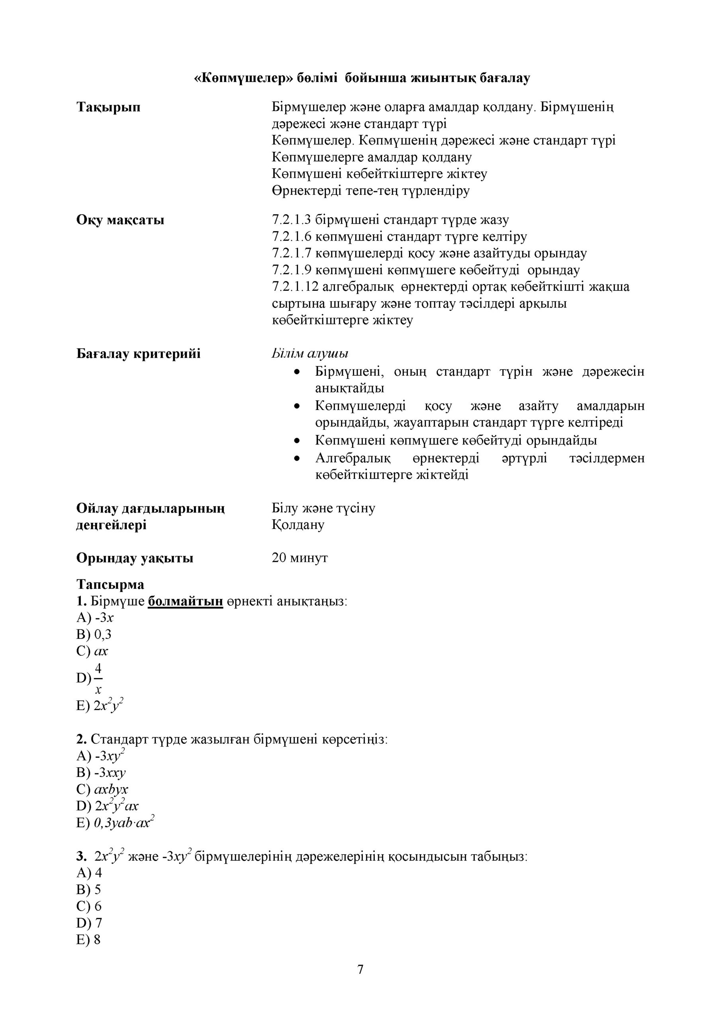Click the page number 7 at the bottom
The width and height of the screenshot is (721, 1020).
pos(360,969)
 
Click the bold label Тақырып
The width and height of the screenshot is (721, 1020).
pos(108,107)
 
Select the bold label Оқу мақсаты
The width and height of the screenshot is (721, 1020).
pos(120,220)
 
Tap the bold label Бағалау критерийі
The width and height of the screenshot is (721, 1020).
pos(138,354)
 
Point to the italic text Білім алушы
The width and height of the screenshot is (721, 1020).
pos(310,354)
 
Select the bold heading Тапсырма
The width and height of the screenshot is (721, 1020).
pos(110,584)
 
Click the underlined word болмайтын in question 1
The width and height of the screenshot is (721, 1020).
pos(185,601)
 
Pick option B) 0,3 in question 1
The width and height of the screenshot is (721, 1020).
pos(94,634)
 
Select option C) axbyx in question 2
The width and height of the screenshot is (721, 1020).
pos(102,789)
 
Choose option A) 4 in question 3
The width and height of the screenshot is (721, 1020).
pos(89,873)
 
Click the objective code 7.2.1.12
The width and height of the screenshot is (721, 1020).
pos(296,287)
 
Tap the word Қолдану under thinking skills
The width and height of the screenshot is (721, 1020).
pos(298,525)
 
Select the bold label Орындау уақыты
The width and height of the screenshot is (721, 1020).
pos(135,558)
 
